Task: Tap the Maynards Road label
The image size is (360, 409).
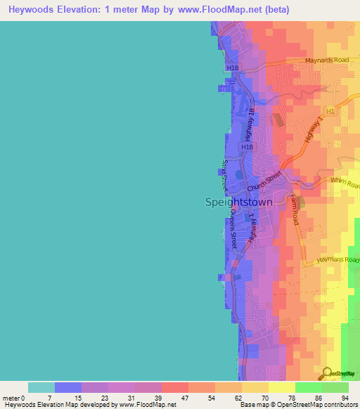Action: [326, 60]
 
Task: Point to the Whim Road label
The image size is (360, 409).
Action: [345, 181]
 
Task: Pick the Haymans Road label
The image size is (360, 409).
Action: [343, 261]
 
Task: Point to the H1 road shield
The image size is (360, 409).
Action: [329, 112]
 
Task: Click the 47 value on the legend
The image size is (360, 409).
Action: [184, 398]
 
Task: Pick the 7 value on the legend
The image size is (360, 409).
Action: [50, 398]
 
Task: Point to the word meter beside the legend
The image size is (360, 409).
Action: [12, 398]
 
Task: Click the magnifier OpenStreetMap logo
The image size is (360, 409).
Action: [328, 374]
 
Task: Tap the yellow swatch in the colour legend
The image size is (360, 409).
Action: [255, 387]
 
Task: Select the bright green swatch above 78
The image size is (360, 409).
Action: [309, 387]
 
